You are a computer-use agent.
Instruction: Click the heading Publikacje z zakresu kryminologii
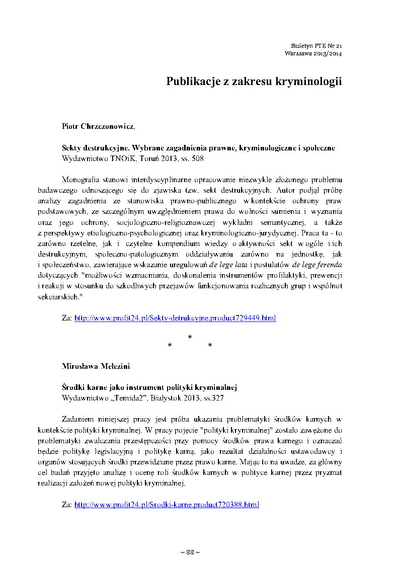coord(254,82)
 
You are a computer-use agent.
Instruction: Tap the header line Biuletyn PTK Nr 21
coord(316,45)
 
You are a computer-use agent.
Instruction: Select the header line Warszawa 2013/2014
coord(313,53)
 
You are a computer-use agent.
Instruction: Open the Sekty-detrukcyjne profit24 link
coord(175,318)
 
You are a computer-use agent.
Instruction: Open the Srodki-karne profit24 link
coord(167,504)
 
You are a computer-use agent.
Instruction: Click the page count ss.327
coord(213,398)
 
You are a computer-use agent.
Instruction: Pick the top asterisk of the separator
coord(190,337)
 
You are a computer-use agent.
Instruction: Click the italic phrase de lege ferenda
coord(320,266)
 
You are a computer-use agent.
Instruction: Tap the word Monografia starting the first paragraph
coord(79,180)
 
